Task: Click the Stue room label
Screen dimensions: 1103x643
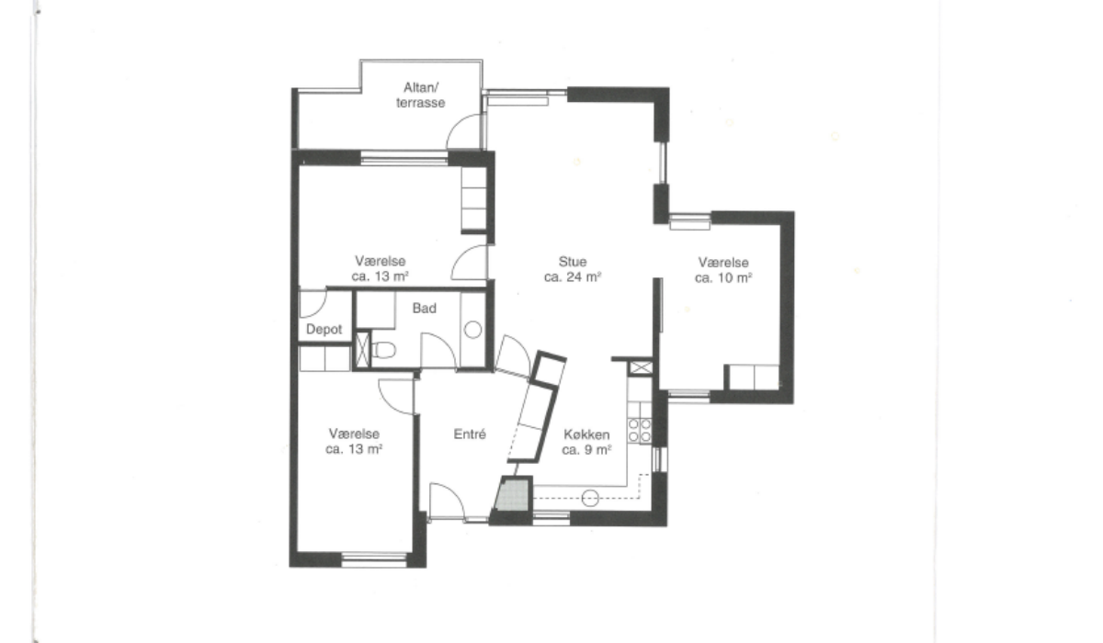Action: (572, 261)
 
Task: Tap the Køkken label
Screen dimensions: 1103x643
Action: (586, 434)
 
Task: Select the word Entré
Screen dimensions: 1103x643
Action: (470, 434)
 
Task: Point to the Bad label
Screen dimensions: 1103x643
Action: (424, 309)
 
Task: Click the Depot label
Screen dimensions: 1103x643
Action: (324, 330)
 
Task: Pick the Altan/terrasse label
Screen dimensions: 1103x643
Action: (421, 95)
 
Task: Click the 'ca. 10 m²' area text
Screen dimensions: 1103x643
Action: (722, 278)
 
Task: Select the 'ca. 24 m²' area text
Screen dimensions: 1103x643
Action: (572, 277)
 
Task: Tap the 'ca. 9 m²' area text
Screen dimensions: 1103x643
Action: (586, 450)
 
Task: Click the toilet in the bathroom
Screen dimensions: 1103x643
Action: (384, 350)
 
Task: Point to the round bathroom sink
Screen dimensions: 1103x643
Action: (472, 330)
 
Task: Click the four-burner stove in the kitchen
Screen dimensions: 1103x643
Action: (639, 431)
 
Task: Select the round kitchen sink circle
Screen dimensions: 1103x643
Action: (590, 499)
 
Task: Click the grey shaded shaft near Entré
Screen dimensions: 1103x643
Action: (513, 495)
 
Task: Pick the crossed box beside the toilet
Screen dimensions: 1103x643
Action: (362, 350)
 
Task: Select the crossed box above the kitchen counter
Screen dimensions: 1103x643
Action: (641, 367)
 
